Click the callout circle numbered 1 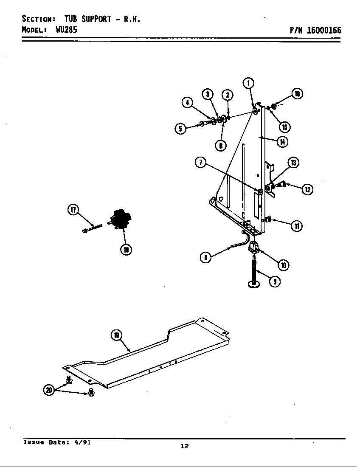pos(248,83)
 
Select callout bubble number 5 pos(181,128)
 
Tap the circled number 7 pos(201,162)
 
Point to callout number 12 pos(307,189)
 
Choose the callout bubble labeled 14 pos(282,141)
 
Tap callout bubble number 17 pos(73,209)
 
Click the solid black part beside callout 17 pos(121,219)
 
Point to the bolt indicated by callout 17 pos(92,228)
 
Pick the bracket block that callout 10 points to pos(253,246)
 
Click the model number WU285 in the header pos(66,30)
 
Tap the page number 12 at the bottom pos(184,446)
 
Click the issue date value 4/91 pos(82,442)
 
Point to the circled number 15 pos(284,127)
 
